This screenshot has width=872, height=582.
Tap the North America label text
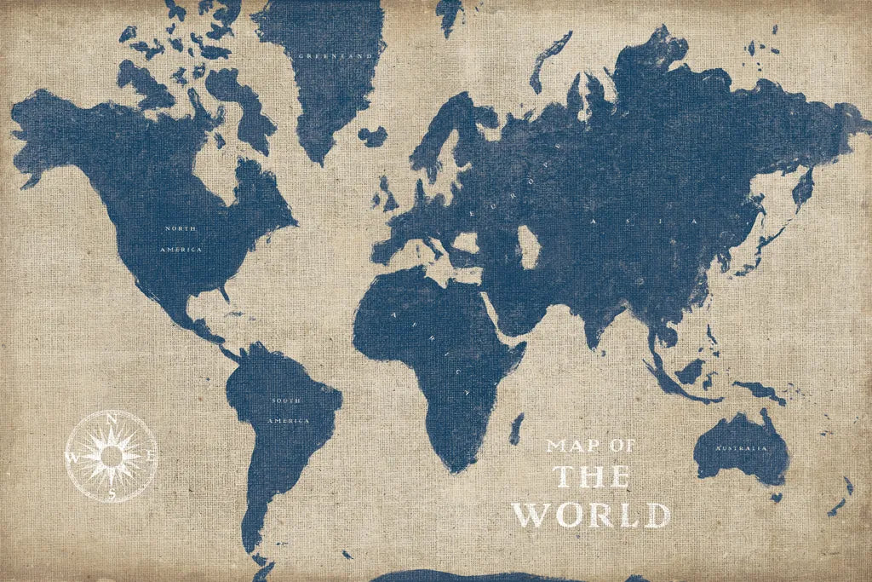(181, 239)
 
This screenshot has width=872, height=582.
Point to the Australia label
(737, 448)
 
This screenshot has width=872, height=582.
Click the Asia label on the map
(644, 222)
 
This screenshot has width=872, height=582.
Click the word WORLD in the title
(590, 515)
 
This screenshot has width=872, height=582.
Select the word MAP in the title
(571, 446)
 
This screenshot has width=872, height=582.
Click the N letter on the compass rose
(112, 417)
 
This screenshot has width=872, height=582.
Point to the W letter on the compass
(72, 457)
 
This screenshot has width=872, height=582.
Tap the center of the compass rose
(112, 457)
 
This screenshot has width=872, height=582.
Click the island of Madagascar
(516, 428)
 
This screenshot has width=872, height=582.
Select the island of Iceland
(372, 135)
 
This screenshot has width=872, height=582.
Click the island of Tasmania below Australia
(776, 497)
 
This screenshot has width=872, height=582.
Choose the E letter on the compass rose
(151, 457)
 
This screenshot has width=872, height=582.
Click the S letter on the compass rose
(112, 493)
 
